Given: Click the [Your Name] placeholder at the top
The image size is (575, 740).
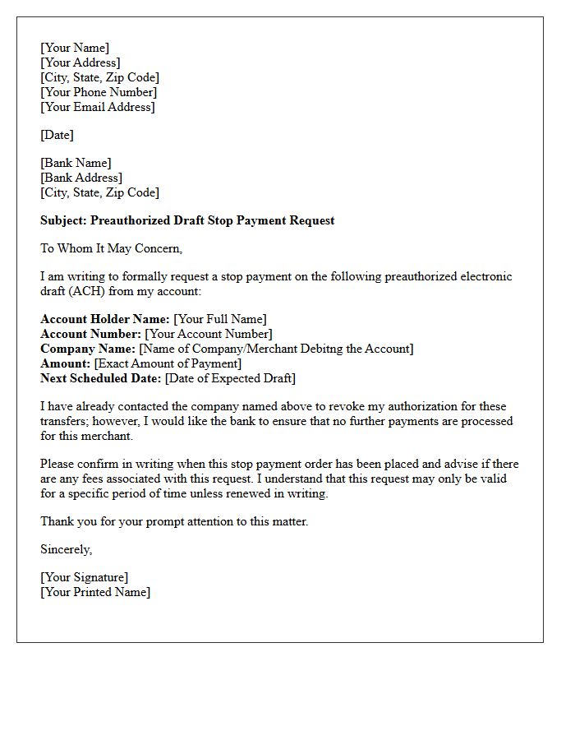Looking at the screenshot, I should (x=75, y=48).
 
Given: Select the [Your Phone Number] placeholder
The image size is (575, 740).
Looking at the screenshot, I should (x=99, y=92).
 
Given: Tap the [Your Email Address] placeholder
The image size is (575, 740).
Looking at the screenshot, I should (x=98, y=107).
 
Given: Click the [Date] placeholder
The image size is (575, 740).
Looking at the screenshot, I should (x=57, y=135).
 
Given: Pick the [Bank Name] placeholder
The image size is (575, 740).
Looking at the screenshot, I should (x=76, y=163).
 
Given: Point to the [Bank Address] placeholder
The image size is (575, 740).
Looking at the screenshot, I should (x=81, y=178).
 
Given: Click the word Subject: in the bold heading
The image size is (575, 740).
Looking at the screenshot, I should (x=64, y=220).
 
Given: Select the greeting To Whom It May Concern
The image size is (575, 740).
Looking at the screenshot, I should (x=111, y=248).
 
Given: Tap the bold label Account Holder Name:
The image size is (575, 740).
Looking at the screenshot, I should (x=105, y=319).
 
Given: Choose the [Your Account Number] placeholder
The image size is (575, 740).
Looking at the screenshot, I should (x=209, y=334).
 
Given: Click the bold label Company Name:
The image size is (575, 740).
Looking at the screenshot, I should (x=88, y=349).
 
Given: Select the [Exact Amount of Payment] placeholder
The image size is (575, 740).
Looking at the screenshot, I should (x=168, y=363).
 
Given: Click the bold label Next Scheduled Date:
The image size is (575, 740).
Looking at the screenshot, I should (x=101, y=378).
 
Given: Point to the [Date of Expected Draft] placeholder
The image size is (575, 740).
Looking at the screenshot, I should (x=230, y=378).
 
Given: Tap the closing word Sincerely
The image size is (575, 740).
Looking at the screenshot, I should (x=66, y=549).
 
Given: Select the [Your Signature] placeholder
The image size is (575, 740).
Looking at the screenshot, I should (x=84, y=577).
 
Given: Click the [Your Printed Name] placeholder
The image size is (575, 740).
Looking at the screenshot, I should (x=95, y=592).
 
